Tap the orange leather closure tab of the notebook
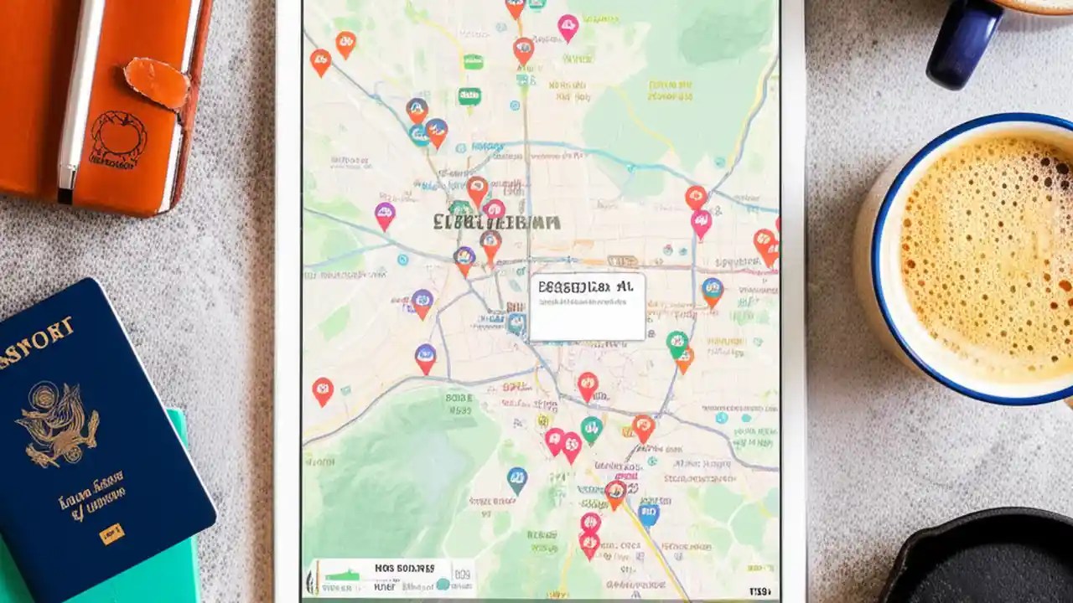coord(157,81)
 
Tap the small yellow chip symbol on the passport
coord(111,533)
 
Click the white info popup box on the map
coord(587,307)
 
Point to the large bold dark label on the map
coord(496,222)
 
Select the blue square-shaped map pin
coord(648,513)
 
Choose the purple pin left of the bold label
coord(385,215)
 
